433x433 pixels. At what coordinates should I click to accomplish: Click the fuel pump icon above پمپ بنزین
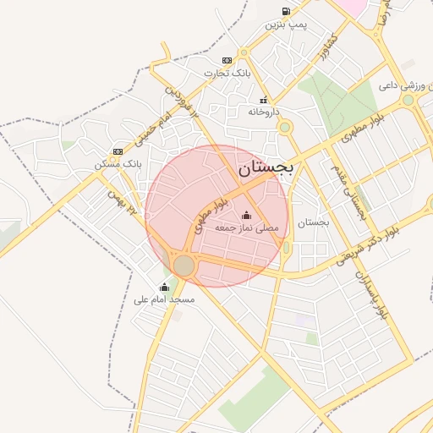click(x=285, y=12)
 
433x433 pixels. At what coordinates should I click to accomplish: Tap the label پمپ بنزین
click(x=286, y=25)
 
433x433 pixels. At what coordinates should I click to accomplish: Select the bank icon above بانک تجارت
click(x=226, y=60)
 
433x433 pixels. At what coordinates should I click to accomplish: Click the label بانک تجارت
click(x=227, y=74)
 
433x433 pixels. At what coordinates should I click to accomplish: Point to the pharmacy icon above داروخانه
click(x=264, y=99)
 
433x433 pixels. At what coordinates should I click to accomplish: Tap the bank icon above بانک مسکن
click(x=117, y=151)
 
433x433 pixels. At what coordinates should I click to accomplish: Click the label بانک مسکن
click(x=117, y=165)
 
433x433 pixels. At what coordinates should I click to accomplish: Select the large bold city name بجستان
click(x=266, y=169)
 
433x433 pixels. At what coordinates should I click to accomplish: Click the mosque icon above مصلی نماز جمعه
click(x=246, y=215)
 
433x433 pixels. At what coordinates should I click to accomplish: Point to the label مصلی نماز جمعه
click(x=246, y=228)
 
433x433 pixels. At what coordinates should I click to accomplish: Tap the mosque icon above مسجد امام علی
click(x=166, y=286)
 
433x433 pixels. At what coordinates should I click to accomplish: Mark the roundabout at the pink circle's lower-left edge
click(x=184, y=266)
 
